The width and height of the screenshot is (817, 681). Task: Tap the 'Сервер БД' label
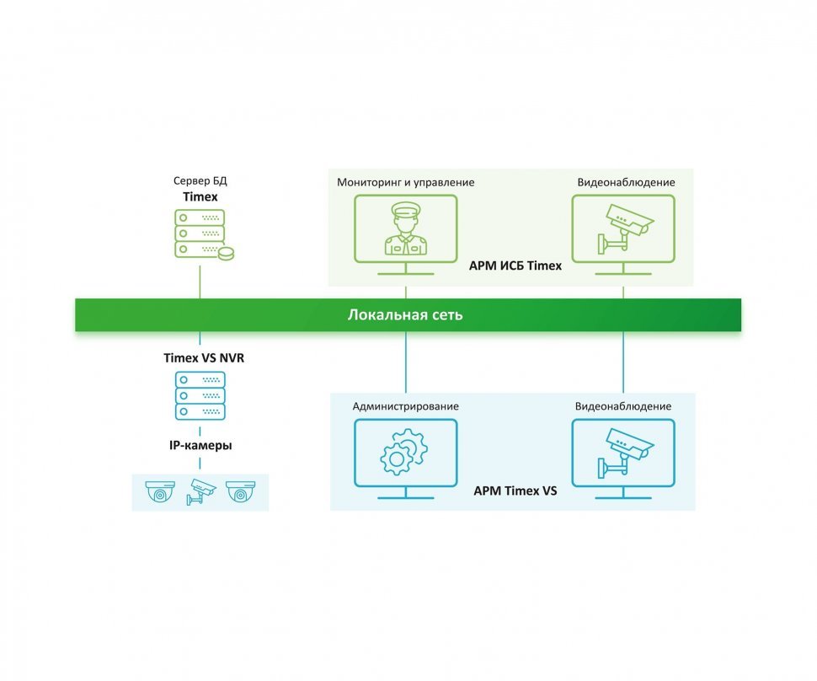[200, 181]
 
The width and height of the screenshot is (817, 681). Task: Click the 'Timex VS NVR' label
[203, 358]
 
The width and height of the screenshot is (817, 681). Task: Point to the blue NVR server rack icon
[200, 396]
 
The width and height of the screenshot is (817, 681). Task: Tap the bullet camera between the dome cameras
[201, 491]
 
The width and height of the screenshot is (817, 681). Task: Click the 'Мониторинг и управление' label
[406, 182]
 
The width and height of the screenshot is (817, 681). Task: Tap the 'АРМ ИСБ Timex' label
[515, 265]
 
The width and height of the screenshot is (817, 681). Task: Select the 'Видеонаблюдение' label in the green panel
[626, 182]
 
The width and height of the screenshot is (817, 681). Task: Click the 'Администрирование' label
[406, 406]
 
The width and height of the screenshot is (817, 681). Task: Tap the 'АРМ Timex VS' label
[515, 491]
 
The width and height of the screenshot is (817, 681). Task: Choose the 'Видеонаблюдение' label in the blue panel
[623, 406]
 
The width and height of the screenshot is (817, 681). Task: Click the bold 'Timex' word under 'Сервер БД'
[200, 196]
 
